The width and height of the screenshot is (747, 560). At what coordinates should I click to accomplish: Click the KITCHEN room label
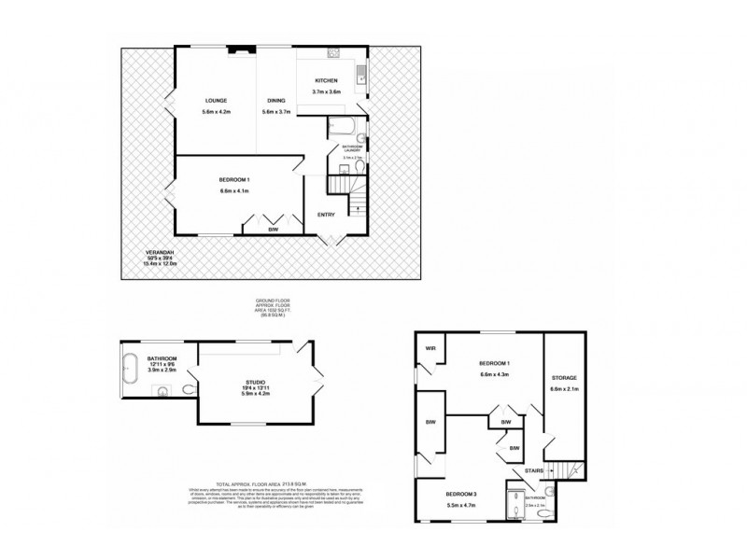[x=326, y=81]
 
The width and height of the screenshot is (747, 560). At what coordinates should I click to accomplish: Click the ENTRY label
[x=325, y=214]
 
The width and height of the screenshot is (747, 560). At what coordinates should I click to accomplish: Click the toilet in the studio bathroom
[x=189, y=391]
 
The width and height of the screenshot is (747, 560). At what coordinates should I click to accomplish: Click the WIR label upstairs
[x=430, y=349]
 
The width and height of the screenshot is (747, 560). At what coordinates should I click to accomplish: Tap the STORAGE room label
[x=564, y=378]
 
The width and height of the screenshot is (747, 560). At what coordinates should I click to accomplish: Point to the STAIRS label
[x=534, y=471]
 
